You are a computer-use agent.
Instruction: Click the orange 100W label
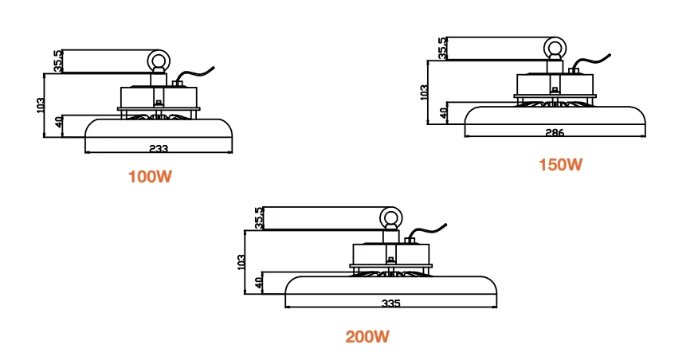pos(150,177)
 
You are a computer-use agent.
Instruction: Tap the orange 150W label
pos(560,165)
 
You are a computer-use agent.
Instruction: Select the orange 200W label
pos(367,336)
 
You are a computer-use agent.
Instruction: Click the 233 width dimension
pos(159,148)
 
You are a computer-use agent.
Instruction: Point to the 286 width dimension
pos(555,132)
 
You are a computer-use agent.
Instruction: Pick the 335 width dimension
pos(391,303)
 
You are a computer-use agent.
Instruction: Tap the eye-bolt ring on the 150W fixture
pos(555,48)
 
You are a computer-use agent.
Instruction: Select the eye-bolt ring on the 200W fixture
pos(390,217)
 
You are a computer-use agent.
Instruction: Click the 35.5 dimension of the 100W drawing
pos(58,61)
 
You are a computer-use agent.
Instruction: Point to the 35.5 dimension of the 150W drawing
pos(441,48)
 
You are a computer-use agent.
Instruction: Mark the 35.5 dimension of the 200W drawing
pos(259,218)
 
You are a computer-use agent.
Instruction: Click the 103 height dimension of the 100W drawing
pos(40,105)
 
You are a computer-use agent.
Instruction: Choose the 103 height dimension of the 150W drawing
pos(424,92)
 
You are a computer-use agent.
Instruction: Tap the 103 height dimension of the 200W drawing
pos(241,262)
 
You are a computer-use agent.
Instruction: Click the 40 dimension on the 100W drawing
pos(59,123)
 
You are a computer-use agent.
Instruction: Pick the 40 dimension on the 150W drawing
pos(443,113)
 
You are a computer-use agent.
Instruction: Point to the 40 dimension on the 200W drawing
pos(260,283)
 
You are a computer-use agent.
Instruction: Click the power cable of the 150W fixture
pos(590,62)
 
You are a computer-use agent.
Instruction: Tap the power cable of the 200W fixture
pos(427,232)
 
